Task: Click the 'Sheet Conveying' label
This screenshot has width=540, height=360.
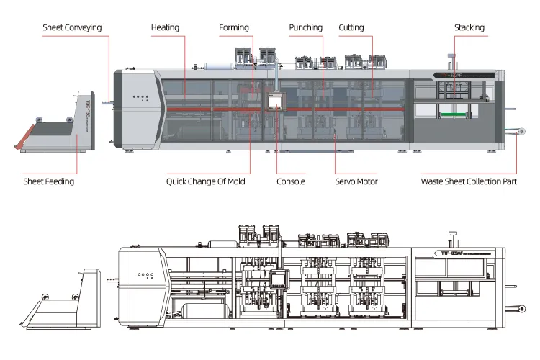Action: tap(71, 28)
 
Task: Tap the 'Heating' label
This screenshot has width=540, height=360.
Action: tap(165, 28)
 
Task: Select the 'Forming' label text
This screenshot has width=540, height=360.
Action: tap(234, 28)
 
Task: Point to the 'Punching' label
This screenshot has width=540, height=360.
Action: tap(306, 28)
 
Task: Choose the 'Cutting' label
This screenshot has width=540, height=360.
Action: tap(351, 28)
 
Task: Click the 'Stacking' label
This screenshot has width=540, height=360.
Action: tap(469, 28)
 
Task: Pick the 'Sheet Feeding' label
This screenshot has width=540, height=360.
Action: tap(48, 181)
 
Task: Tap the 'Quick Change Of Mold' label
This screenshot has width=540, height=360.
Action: tap(206, 181)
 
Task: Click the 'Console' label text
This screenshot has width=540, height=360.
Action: tap(291, 181)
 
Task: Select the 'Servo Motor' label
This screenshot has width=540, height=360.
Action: tap(356, 181)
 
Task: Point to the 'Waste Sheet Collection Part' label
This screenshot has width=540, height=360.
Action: tap(469, 181)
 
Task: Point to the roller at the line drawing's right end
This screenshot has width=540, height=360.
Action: tap(516, 308)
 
